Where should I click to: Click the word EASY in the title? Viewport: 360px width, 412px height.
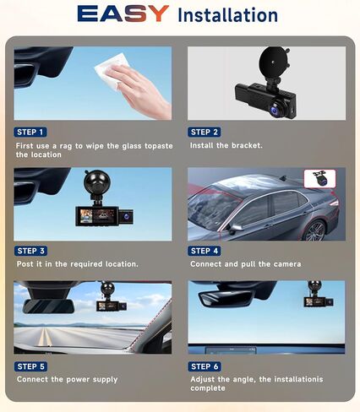123,14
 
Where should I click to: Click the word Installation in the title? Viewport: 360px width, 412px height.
228,15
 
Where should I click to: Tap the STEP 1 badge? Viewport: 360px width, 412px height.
30,132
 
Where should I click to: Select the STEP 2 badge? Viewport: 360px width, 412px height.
205,132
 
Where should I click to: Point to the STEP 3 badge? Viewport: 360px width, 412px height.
30,251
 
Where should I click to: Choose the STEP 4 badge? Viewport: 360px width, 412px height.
205,251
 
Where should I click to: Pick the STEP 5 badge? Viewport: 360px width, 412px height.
30,366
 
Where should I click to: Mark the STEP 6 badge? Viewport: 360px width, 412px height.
205,366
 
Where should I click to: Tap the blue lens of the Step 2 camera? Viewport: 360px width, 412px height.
274,109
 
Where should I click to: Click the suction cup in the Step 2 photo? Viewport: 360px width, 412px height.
272,62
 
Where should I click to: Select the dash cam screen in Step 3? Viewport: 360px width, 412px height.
97,216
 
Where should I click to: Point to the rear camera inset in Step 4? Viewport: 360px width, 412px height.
319,179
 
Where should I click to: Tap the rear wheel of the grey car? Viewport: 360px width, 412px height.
314,231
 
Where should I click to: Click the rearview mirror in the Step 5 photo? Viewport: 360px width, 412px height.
48,306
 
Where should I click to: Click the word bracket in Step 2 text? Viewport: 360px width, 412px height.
247,145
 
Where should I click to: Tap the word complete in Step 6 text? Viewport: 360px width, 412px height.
208,388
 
